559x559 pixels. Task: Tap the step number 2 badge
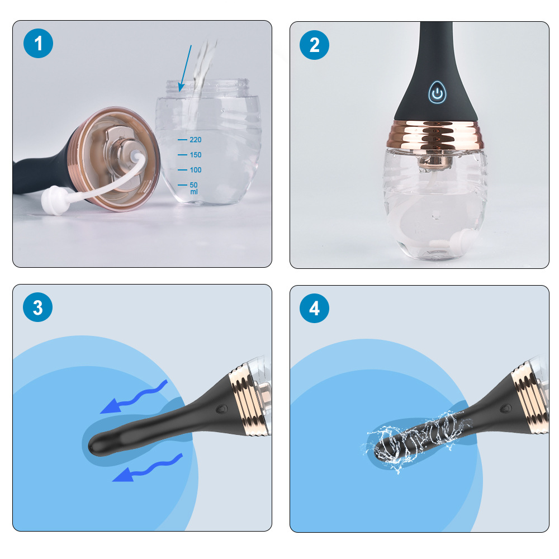point(314,45)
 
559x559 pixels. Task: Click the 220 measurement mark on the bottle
point(190,140)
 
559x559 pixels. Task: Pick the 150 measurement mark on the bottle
point(190,155)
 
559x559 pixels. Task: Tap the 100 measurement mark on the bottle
point(190,170)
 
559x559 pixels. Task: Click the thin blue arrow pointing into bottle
point(185,68)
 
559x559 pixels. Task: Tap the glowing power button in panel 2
point(437,93)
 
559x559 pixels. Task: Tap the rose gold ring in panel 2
point(437,134)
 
